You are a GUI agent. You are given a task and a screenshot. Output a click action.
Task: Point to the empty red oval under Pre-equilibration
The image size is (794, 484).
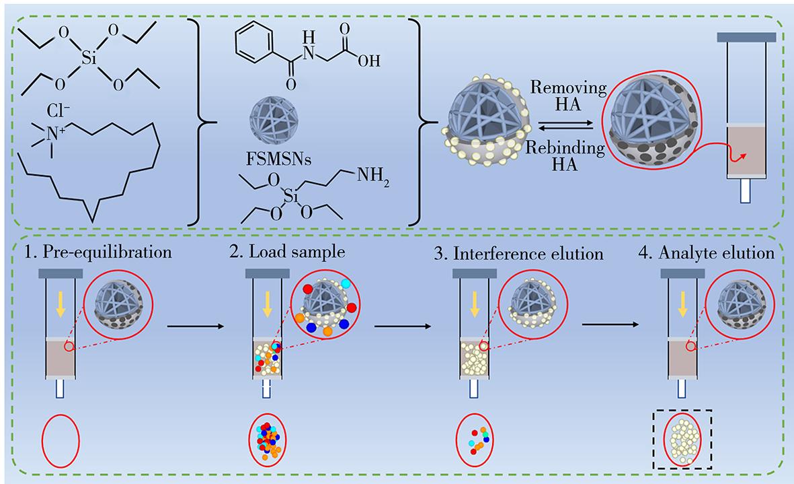click(x=61, y=440)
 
